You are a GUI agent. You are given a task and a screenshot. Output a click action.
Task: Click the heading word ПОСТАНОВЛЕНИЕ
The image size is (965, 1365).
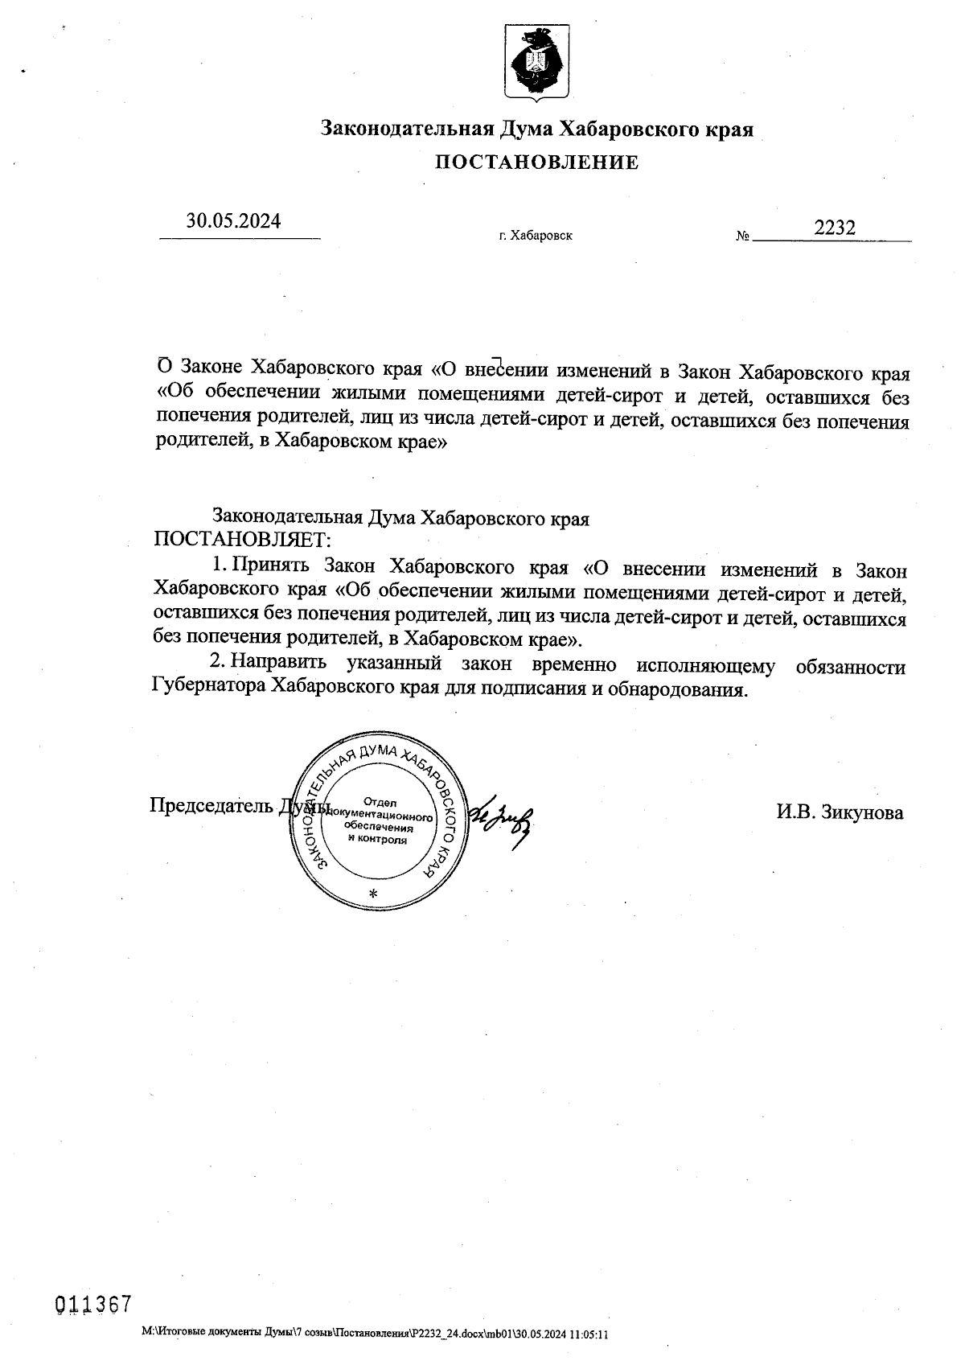pyautogui.click(x=537, y=163)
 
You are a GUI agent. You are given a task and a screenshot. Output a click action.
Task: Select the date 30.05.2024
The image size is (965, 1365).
pyautogui.click(x=234, y=220)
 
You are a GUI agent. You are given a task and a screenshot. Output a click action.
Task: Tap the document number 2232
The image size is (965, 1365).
pyautogui.click(x=835, y=228)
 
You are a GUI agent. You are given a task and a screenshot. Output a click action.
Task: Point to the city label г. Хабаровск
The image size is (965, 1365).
pyautogui.click(x=536, y=236)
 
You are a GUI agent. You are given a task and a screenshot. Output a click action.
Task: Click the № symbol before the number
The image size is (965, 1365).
pyautogui.click(x=742, y=236)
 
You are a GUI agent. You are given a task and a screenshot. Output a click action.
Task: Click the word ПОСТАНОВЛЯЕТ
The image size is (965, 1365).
pyautogui.click(x=242, y=539)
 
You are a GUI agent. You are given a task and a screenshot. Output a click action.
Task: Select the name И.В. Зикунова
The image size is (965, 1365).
pyautogui.click(x=840, y=812)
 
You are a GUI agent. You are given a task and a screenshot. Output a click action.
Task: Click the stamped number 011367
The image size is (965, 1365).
pyautogui.click(x=92, y=1305)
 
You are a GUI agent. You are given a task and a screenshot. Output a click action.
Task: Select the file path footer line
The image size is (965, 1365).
pyautogui.click(x=375, y=1334)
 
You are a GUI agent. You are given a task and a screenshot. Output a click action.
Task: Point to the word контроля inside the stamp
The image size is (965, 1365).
pyautogui.click(x=377, y=839)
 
